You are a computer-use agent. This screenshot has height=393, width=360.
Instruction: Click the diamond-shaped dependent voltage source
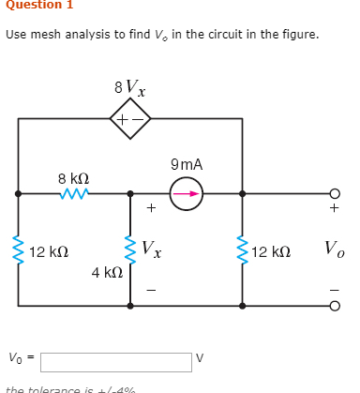click(x=130, y=119)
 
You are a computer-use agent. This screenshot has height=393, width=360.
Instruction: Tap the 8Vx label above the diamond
click(x=129, y=90)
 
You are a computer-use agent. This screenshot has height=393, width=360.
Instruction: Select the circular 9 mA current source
click(x=187, y=193)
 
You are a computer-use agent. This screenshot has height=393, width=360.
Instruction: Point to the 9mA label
click(x=187, y=165)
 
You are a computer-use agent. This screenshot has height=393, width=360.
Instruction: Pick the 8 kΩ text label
click(x=73, y=176)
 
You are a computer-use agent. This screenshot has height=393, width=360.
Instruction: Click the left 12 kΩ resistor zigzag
click(x=18, y=250)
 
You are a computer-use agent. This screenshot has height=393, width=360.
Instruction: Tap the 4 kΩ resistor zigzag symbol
click(x=130, y=250)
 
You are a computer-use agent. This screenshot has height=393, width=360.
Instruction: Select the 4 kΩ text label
click(x=106, y=273)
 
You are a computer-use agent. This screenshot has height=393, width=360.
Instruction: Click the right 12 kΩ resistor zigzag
click(x=243, y=250)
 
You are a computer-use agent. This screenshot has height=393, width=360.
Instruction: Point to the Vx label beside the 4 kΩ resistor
click(x=152, y=250)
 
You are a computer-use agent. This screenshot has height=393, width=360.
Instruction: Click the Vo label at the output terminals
click(x=334, y=249)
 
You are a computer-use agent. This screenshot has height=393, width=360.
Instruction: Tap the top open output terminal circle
click(x=334, y=193)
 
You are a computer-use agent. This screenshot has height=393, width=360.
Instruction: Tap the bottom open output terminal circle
click(x=334, y=306)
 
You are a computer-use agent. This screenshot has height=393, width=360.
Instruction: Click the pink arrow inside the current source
click(x=187, y=193)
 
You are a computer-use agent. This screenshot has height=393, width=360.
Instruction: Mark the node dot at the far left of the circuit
click(x=18, y=193)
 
